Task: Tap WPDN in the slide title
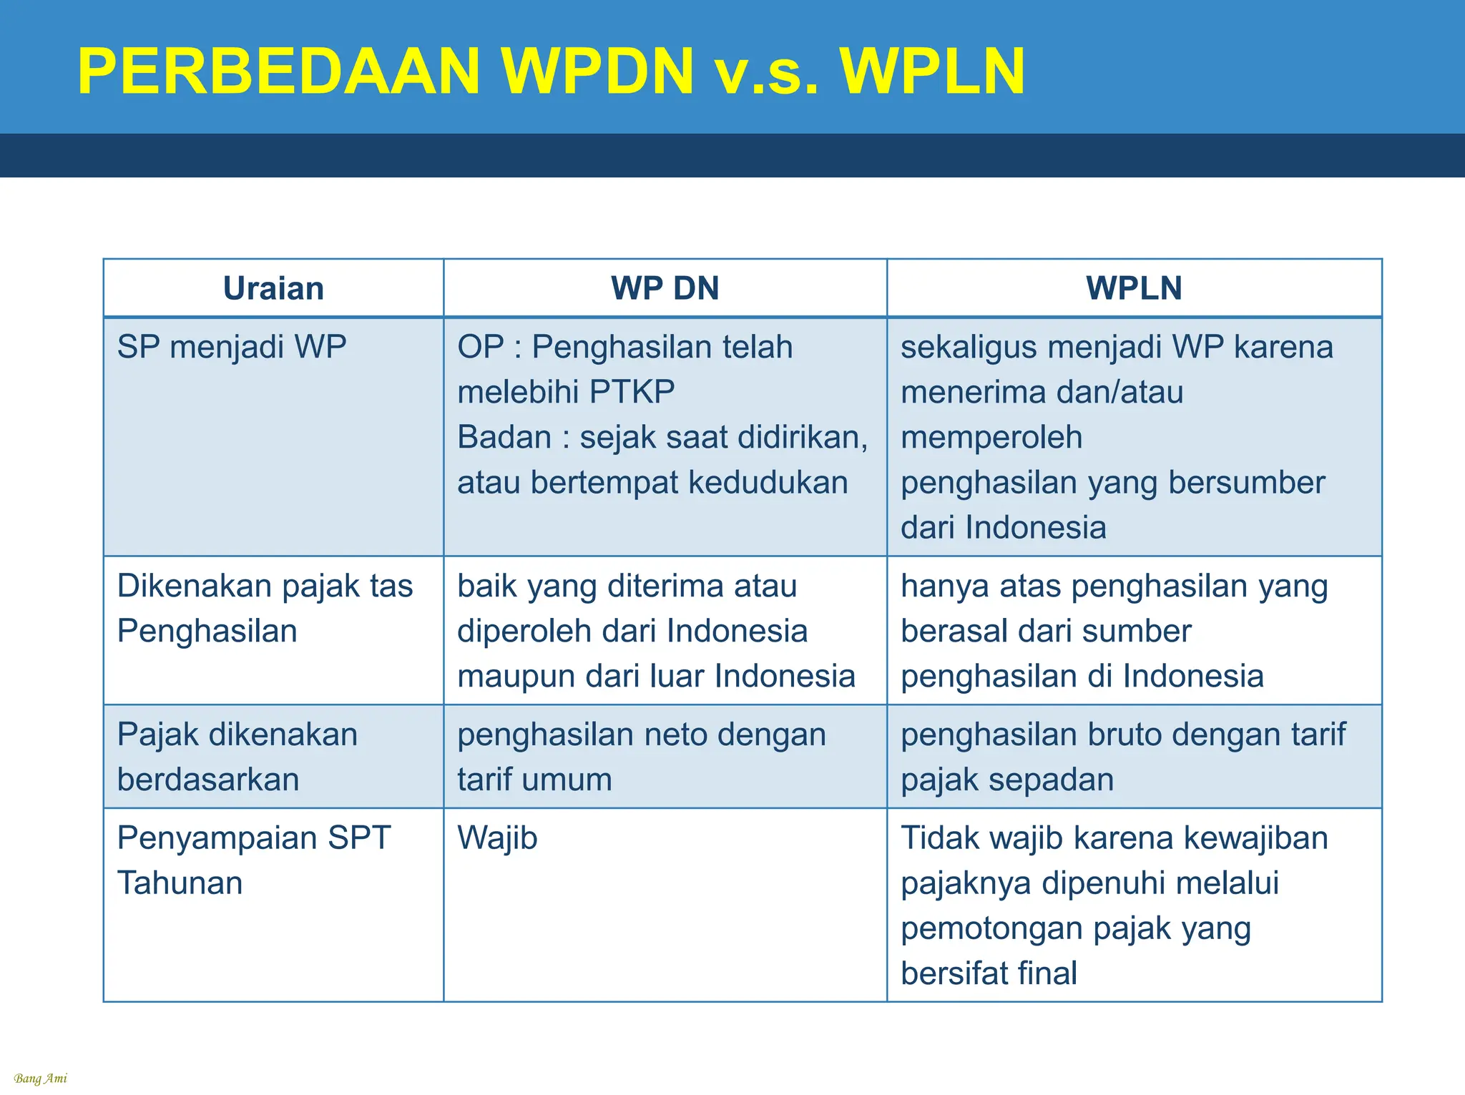pos(597,72)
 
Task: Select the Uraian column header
pos(273,288)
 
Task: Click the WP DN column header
pos(665,288)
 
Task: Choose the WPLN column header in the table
pos(1134,288)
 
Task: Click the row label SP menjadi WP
pos(232,347)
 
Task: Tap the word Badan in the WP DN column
pos(504,437)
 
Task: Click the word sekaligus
pos(969,347)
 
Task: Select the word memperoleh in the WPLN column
pos(991,437)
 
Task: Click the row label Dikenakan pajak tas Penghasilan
pos(265,608)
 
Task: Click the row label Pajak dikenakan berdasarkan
pos(237,757)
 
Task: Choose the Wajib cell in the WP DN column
pos(497,838)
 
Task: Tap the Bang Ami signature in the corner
pos(40,1079)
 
